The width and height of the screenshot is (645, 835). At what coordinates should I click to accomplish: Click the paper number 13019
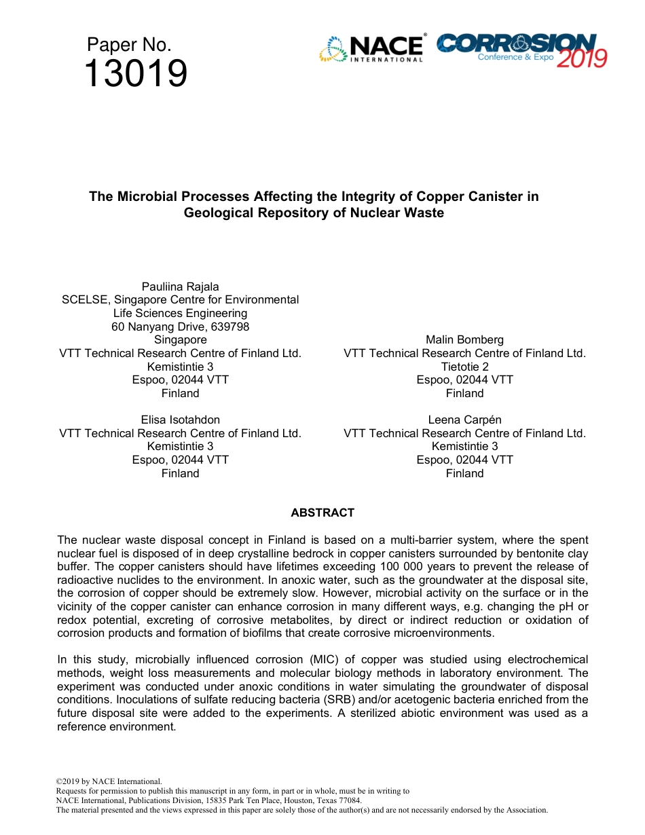(135, 74)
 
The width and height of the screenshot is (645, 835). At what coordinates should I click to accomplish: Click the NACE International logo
(371, 49)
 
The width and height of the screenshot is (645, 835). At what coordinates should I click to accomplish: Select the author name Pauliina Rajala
(180, 286)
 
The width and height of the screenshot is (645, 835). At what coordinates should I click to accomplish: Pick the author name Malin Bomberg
(464, 339)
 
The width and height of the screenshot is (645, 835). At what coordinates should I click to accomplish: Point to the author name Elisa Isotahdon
(180, 420)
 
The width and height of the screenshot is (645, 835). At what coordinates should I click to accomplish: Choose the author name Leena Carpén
(464, 420)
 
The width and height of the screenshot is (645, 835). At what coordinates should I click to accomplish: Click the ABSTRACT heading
(322, 513)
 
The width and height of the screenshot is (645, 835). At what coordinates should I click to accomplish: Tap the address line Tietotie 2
(464, 367)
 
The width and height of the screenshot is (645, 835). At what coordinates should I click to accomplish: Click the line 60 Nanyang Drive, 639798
(180, 327)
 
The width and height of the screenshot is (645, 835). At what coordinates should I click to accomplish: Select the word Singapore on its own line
(180, 339)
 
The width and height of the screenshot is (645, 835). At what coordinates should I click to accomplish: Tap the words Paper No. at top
(129, 45)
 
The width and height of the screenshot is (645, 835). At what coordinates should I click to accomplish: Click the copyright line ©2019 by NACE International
(109, 781)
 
